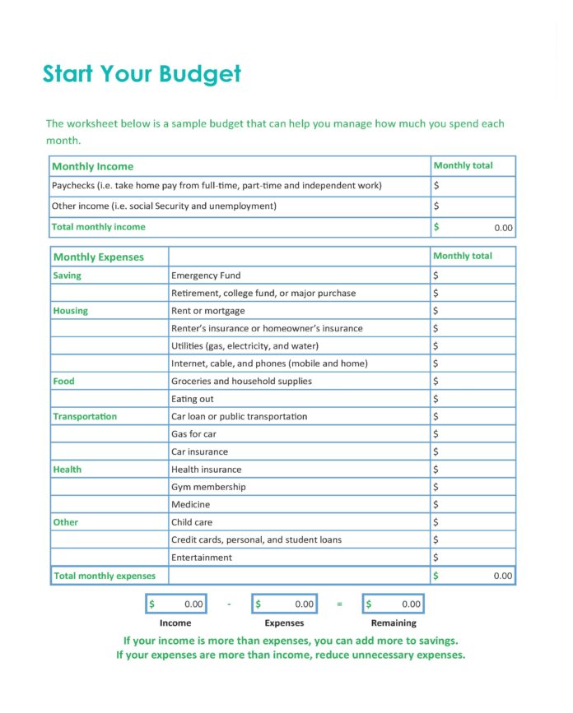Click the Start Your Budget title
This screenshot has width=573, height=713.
(x=142, y=74)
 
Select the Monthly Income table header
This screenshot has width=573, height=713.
(x=92, y=166)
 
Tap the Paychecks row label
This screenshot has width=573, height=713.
(x=217, y=186)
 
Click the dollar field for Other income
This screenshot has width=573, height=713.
(x=473, y=206)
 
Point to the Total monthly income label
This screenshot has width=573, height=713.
(x=98, y=227)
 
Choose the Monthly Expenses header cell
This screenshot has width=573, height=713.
(x=98, y=257)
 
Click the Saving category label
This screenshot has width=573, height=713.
(x=68, y=275)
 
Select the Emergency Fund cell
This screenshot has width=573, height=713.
(x=206, y=275)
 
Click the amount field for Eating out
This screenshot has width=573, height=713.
(x=473, y=399)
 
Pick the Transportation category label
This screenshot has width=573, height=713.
(x=85, y=416)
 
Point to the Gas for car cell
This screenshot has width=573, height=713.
(x=193, y=434)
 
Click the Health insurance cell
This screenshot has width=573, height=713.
(x=207, y=470)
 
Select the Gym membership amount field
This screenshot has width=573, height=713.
(x=473, y=487)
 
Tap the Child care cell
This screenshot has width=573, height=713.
(x=193, y=522)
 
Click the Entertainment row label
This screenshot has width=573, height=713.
(x=202, y=558)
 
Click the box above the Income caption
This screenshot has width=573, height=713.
(x=175, y=604)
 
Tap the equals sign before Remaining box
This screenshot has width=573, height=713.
(x=339, y=604)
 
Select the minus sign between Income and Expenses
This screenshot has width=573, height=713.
(x=229, y=604)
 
